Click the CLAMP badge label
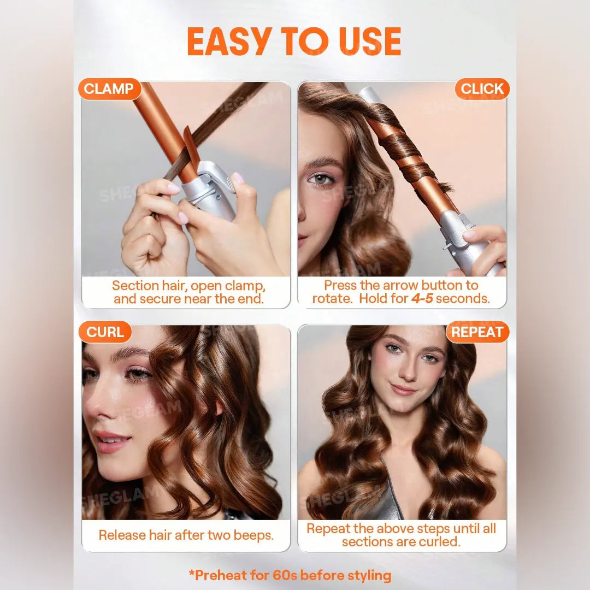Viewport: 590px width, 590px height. click(x=109, y=89)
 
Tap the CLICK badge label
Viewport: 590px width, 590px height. click(x=482, y=89)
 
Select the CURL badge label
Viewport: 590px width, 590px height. click(x=105, y=332)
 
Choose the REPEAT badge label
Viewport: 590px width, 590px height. click(x=477, y=332)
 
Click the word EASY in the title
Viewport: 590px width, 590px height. click(x=229, y=42)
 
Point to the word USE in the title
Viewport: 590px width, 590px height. click(x=370, y=42)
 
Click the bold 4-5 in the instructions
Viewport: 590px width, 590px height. click(x=422, y=298)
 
